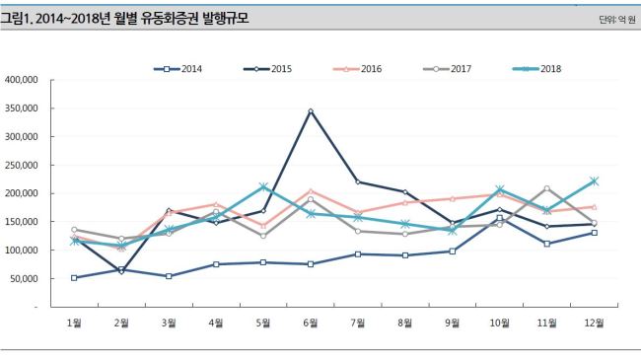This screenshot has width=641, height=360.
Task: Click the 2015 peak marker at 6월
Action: click(x=311, y=110)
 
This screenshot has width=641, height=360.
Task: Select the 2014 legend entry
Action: click(x=178, y=69)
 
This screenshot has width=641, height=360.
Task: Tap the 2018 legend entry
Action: click(x=537, y=69)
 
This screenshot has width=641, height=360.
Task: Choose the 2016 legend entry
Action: click(x=357, y=69)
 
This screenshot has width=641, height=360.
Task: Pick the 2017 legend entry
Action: click(x=448, y=69)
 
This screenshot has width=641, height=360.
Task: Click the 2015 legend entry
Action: click(x=268, y=69)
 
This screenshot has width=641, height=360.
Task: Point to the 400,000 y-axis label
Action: click(x=22, y=80)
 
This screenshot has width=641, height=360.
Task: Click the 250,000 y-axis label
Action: click(x=22, y=165)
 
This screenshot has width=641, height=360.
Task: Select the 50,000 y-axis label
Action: click(x=24, y=278)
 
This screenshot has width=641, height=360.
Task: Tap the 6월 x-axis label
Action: click(x=311, y=323)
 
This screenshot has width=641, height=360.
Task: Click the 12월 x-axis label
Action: click(x=594, y=323)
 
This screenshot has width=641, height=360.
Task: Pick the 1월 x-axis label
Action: click(x=74, y=323)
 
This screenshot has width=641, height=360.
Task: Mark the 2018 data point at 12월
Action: click(x=594, y=180)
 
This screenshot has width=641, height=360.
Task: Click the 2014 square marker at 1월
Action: click(x=74, y=278)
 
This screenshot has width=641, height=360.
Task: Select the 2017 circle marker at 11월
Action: click(x=547, y=188)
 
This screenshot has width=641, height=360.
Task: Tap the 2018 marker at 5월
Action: click(x=263, y=187)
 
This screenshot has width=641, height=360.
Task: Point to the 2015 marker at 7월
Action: click(x=358, y=182)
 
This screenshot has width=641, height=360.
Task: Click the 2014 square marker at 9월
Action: click(x=453, y=252)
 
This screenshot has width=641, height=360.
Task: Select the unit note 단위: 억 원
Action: click(x=617, y=19)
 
